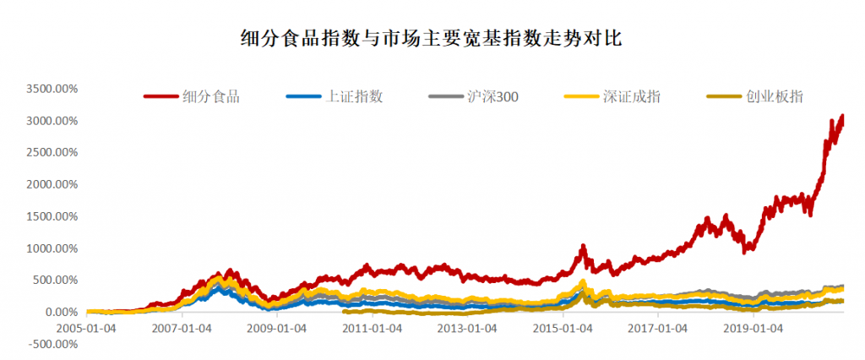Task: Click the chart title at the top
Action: (x=432, y=39)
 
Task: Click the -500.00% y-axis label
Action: (x=52, y=344)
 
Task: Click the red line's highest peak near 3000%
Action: (x=841, y=117)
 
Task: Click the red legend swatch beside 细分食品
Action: (x=161, y=96)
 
